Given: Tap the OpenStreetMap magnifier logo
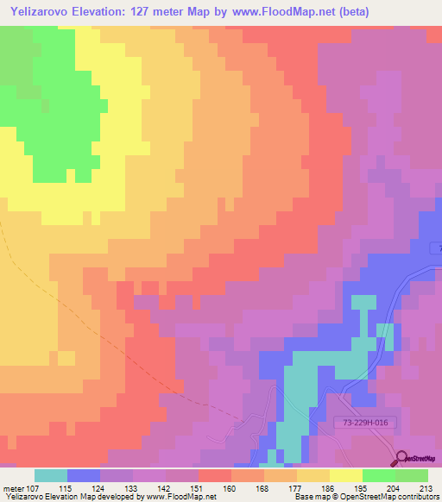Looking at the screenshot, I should (403, 458).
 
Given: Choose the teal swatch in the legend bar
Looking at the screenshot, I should (51, 476).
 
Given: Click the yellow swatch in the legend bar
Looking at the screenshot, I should (346, 476).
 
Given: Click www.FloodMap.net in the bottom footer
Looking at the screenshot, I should (180, 497).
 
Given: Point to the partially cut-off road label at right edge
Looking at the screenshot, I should (437, 248).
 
